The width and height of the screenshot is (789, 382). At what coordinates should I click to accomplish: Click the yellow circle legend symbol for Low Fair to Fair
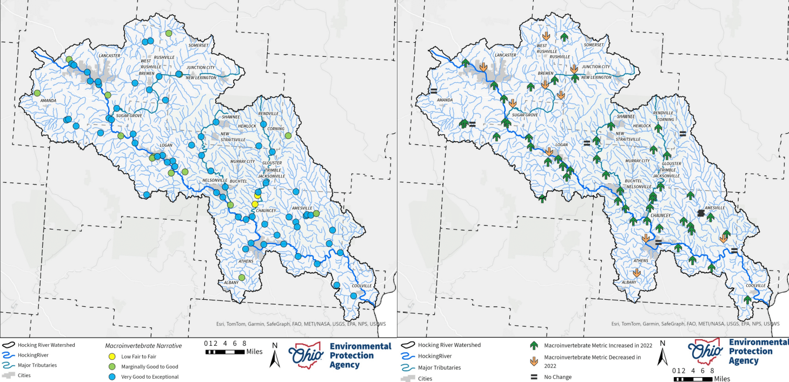[x=112, y=357]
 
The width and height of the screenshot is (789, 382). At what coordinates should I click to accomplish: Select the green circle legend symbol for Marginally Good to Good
[x=112, y=367]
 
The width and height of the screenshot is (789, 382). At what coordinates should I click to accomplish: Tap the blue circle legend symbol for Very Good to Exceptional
[x=112, y=377]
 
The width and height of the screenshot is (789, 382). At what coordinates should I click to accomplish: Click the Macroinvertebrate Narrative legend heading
[x=143, y=345]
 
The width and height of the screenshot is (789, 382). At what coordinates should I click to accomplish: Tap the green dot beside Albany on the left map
[x=242, y=278]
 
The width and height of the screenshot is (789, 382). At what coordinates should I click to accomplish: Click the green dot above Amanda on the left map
[x=37, y=93]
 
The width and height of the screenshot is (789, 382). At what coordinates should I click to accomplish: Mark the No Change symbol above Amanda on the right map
[x=433, y=91]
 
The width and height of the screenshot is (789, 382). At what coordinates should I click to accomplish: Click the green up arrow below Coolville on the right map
[x=747, y=299]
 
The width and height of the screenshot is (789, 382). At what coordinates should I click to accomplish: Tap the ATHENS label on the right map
[x=640, y=261]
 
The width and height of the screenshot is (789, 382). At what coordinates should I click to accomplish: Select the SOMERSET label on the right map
[x=593, y=45]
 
